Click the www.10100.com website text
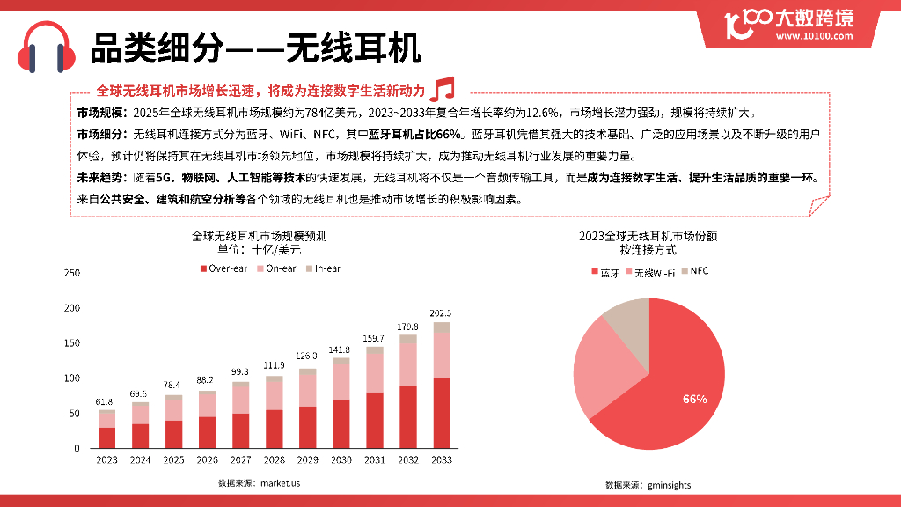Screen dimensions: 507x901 815,36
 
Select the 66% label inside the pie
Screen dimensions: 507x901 694,399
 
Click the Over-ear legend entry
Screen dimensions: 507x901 223,268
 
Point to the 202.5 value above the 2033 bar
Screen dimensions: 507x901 441,313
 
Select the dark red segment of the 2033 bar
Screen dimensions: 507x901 441,413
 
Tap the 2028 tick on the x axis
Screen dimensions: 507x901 274,459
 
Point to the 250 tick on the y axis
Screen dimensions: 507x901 72,273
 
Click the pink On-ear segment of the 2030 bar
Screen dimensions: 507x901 341,380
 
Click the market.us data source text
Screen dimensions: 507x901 279,482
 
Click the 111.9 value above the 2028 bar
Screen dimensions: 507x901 274,364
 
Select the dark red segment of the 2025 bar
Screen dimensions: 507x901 173,434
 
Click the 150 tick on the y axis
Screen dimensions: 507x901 72,343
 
